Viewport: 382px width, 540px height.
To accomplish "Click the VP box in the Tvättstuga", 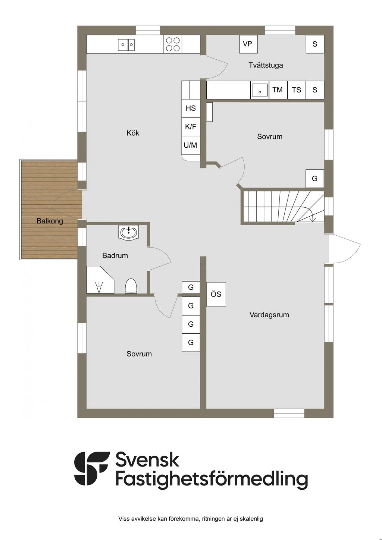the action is [x=248, y=44].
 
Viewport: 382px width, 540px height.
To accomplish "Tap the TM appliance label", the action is [x=277, y=90].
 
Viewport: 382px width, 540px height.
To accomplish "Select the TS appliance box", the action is [x=297, y=90].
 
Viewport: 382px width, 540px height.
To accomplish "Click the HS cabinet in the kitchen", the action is [x=191, y=108].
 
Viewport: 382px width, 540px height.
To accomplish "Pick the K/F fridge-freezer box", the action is [x=191, y=127].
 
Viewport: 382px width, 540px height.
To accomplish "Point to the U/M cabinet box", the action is [x=191, y=145].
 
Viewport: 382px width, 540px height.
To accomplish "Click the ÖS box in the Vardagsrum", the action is [x=216, y=294].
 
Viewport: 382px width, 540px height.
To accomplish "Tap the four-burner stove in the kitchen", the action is [x=173, y=44].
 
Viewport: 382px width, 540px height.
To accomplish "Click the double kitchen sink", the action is [x=126, y=45].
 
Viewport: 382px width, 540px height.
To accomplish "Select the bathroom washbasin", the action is [x=129, y=232].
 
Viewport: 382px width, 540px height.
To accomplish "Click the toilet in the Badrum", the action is [x=131, y=286].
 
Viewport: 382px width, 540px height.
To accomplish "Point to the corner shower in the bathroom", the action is [x=100, y=280].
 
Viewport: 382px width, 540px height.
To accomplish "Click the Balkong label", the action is [x=50, y=221].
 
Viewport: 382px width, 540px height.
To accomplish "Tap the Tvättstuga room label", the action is [x=266, y=65].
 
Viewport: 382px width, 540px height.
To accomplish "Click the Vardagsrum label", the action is [x=269, y=315].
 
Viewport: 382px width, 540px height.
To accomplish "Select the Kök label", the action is [x=133, y=133].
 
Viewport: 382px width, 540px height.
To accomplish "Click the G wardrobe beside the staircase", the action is [x=315, y=179].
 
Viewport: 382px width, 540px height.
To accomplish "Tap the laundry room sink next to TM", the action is [x=260, y=90].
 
